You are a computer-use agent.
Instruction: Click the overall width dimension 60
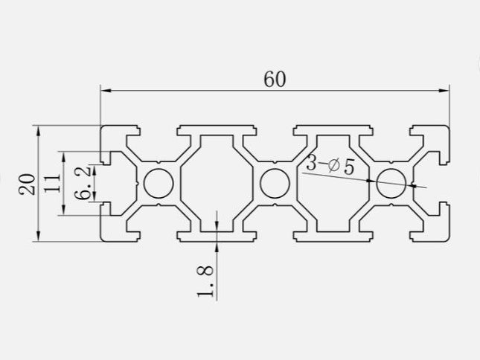(275, 78)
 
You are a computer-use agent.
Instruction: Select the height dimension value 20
(28, 183)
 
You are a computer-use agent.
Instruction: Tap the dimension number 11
(52, 184)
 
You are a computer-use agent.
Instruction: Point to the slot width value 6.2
(83, 182)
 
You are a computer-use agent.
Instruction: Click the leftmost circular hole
(158, 183)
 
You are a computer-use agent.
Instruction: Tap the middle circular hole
(275, 183)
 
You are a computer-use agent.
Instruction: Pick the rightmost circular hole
(391, 183)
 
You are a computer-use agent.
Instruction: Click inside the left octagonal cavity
(216, 183)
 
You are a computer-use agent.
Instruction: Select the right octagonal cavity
(333, 193)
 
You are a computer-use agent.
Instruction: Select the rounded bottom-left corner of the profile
(104, 238)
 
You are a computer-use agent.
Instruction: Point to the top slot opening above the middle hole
(275, 129)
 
